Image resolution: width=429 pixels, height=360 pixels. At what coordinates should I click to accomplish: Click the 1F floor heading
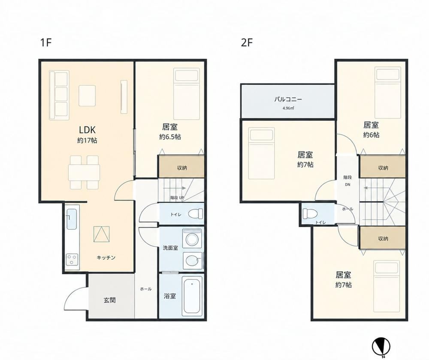46,42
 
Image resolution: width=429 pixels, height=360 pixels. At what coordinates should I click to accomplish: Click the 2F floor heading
247,42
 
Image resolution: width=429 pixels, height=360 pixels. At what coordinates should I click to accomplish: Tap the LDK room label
87,129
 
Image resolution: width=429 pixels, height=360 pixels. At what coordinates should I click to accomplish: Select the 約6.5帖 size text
170,137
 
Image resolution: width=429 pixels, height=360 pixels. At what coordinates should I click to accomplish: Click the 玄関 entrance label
110,300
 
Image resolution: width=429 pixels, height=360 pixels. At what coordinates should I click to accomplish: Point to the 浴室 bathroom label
169,296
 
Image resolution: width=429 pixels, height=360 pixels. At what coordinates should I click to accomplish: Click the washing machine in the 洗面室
193,239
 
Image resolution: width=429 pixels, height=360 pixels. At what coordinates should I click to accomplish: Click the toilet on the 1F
196,213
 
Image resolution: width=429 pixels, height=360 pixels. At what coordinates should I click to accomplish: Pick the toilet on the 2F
308,213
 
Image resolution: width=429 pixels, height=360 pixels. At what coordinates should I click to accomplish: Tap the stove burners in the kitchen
72,260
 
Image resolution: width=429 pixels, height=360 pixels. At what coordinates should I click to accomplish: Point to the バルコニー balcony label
288,99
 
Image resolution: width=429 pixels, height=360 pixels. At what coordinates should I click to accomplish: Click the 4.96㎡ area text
288,108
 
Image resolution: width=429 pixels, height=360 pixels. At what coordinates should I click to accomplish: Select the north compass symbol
381,346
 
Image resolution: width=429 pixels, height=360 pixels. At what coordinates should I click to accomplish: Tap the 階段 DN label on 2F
347,181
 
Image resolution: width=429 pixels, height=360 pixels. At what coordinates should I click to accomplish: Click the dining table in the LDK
84,172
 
